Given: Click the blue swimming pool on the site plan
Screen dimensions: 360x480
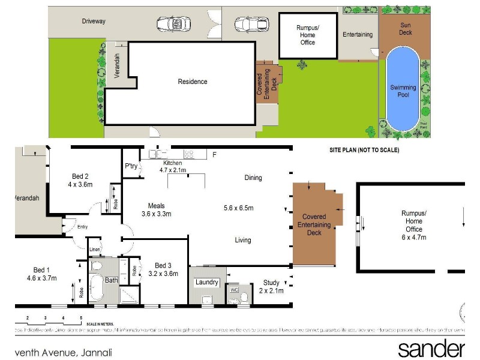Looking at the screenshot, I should (403, 90).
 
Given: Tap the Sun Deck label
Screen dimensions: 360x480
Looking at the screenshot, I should (410, 29).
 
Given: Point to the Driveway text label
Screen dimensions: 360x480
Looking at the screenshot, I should (94, 21).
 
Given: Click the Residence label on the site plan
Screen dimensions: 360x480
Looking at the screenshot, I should (192, 82).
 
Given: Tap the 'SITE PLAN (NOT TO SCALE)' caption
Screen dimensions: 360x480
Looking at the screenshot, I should (364, 150).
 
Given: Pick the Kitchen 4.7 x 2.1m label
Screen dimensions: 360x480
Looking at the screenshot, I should (173, 166).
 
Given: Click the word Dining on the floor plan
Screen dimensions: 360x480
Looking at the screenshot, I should (253, 178).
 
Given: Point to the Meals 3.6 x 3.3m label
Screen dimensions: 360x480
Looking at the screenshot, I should (157, 209).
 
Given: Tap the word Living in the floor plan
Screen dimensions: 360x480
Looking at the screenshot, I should (243, 240).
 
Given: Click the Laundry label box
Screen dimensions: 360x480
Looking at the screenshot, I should (206, 282).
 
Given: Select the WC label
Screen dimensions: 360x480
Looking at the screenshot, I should (235, 290).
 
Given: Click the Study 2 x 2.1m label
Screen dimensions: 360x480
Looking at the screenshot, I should (272, 287).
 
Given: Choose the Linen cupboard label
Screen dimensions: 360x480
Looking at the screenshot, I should (94, 249).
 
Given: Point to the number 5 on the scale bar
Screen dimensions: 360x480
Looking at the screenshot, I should (80, 317).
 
